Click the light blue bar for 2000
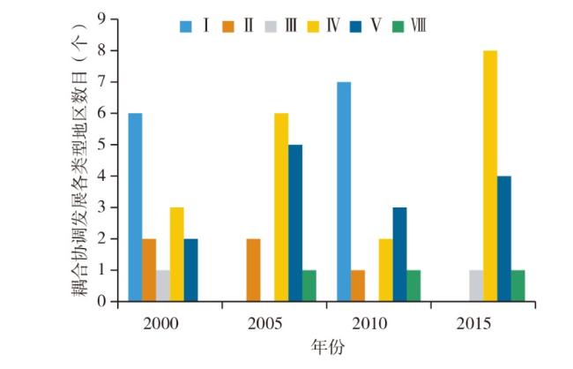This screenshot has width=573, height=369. click(135, 207)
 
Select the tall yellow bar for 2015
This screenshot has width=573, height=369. click(489, 176)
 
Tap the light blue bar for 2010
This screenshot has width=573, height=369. click(343, 192)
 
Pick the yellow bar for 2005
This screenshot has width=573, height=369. click(281, 207)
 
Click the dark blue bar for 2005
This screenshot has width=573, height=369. click(295, 222)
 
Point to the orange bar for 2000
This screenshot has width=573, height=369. click(149, 270)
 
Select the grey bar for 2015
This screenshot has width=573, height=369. click(475, 285)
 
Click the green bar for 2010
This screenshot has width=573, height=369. click(413, 285)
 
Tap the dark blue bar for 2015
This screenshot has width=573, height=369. click(503, 238)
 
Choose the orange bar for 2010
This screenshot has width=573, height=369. click(357, 285)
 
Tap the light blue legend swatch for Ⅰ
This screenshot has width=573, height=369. click(187, 26)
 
